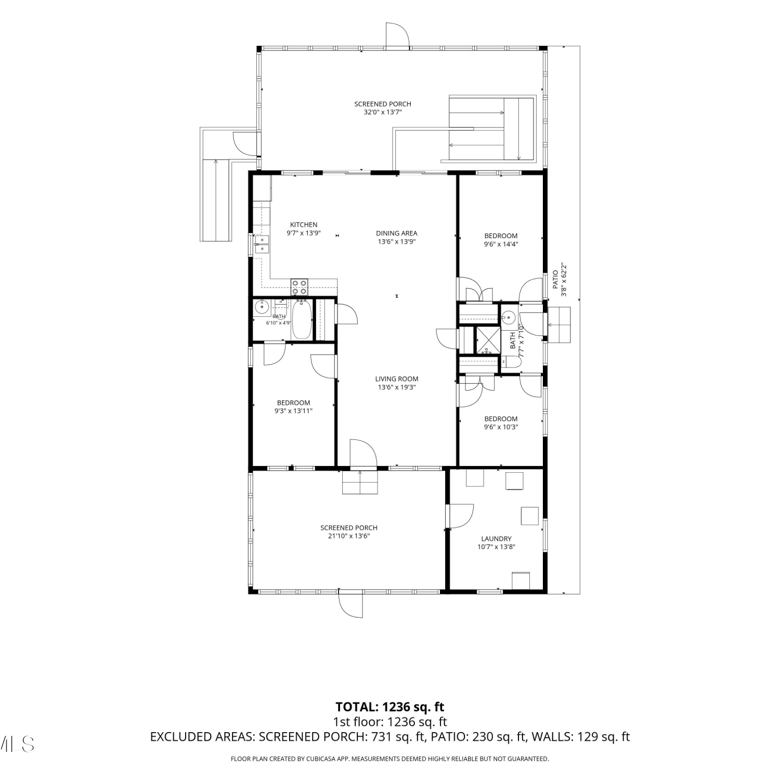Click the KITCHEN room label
(304, 225)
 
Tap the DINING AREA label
(397, 233)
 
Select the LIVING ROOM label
(397, 379)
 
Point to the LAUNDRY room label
(496, 539)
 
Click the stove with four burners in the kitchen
(299, 287)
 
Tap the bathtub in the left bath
(302, 319)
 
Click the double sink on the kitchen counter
(262, 244)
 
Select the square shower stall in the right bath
(487, 340)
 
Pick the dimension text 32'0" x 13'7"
(383, 112)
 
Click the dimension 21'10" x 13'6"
(349, 536)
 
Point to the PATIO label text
(555, 280)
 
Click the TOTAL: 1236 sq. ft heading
(390, 707)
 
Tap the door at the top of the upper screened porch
(397, 35)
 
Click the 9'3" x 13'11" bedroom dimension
(294, 411)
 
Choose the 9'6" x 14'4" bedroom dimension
(501, 244)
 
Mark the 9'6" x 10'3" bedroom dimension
(501, 427)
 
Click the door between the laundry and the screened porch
(460, 516)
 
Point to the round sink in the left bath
(261, 308)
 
